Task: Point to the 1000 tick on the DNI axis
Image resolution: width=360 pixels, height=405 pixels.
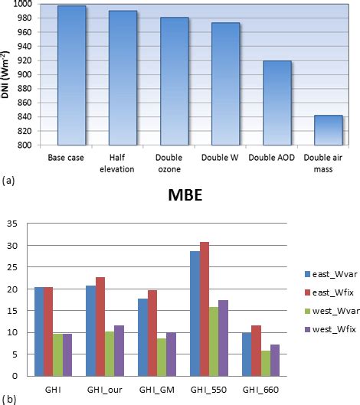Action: click(x=22, y=5)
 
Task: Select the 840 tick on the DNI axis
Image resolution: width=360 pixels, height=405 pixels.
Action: click(x=25, y=117)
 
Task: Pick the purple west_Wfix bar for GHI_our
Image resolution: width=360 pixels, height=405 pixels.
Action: click(x=119, y=351)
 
